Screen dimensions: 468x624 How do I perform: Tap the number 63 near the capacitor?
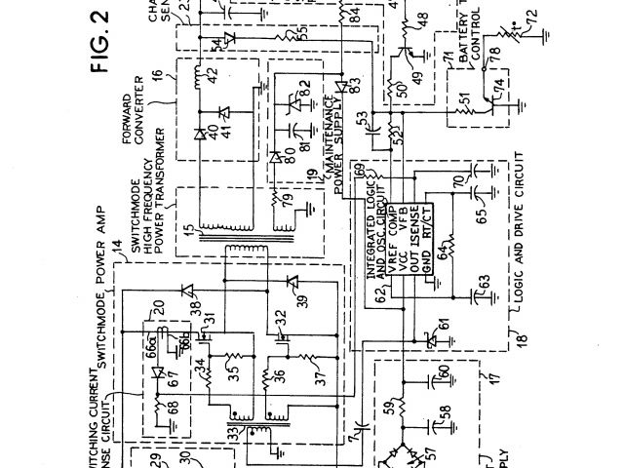click(484, 283)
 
